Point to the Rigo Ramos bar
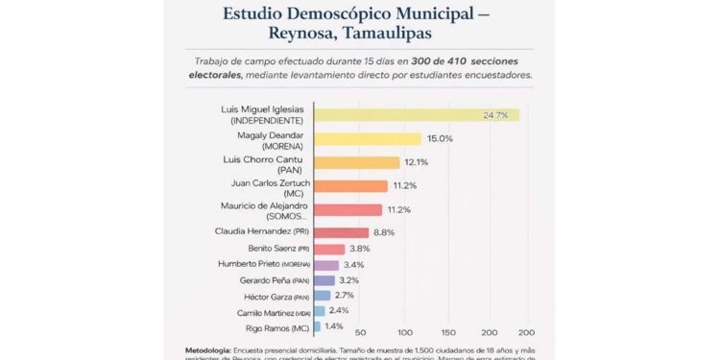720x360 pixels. coord(319,327)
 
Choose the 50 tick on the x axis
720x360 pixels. coord(361,332)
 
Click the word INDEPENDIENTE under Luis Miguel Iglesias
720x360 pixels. coord(266,122)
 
